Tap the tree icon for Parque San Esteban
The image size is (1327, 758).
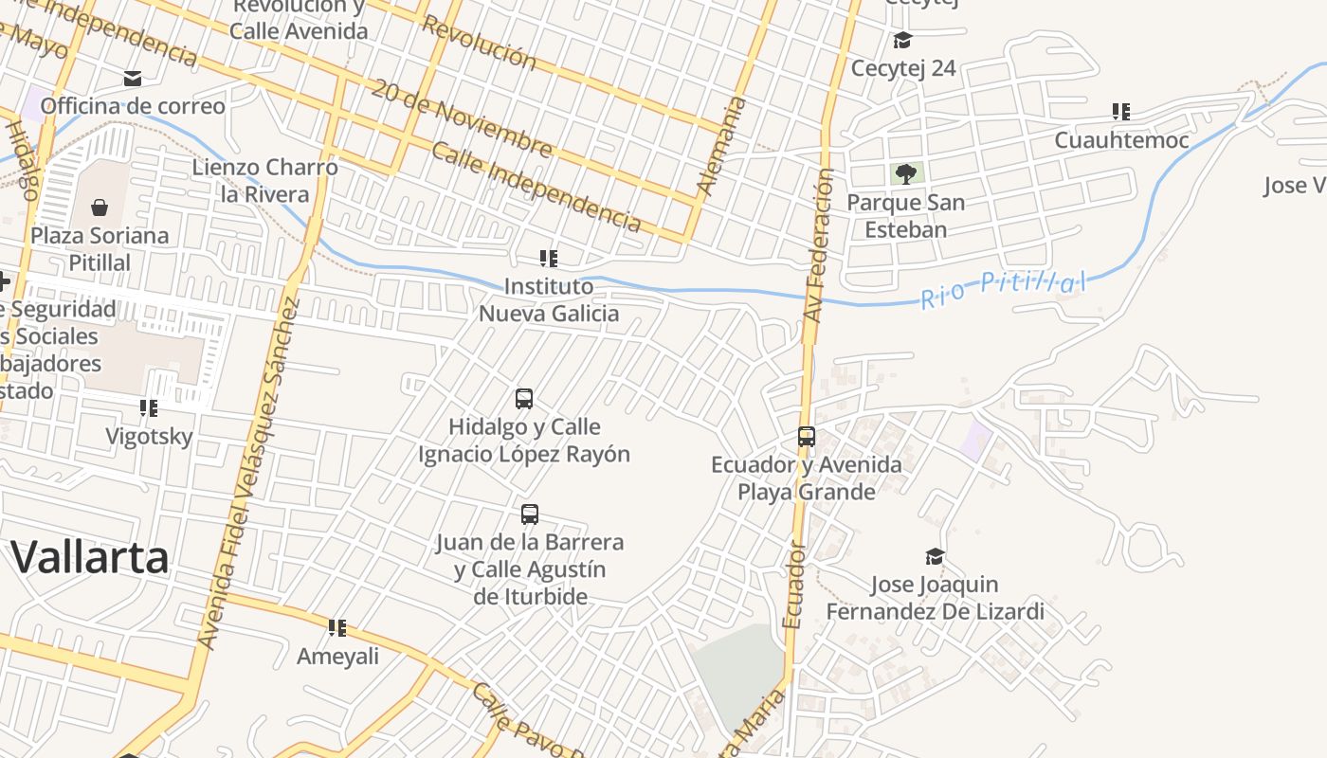906,173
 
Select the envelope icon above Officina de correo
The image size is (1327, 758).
133,78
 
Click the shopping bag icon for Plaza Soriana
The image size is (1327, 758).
100,208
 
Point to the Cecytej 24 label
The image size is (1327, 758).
903,68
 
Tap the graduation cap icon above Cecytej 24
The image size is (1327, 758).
902,40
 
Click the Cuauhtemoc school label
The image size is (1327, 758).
1121,140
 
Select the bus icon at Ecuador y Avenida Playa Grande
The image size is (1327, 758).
807,437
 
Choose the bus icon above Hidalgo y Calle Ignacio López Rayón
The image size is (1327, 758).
524,399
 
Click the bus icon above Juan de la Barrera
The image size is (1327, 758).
530,514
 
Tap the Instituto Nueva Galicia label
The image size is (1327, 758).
549,299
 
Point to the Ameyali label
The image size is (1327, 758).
337,656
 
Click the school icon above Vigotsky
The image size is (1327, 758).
149,408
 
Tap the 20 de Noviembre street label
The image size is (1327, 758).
461,118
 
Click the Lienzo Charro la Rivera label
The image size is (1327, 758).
264,180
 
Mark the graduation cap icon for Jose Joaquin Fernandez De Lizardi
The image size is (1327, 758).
935,556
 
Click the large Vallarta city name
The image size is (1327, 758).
90,557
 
